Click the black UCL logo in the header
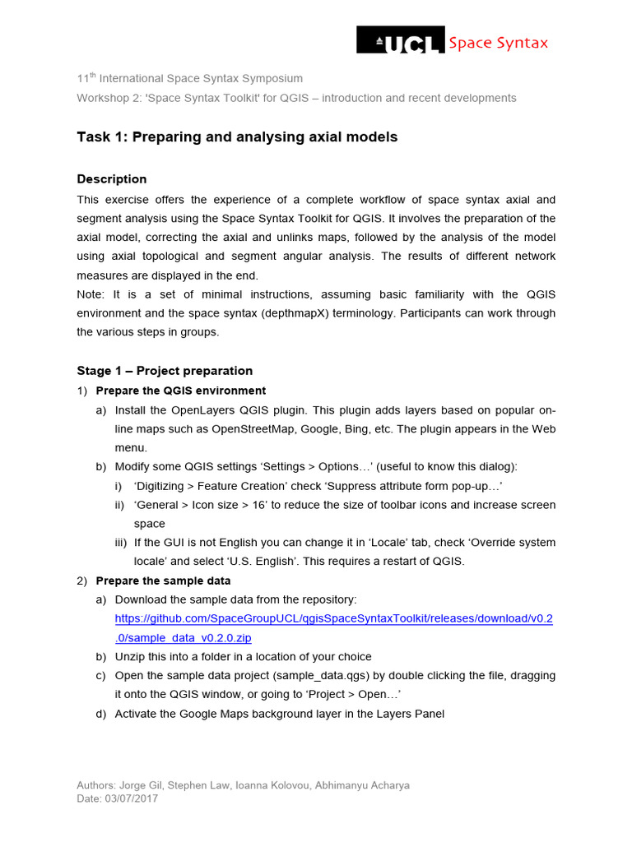point(400,40)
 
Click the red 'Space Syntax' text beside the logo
point(498,43)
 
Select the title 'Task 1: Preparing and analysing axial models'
point(237,137)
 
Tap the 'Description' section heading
point(112,179)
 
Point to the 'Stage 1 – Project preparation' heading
point(165,371)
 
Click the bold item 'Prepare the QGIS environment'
point(181,391)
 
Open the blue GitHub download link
point(333,618)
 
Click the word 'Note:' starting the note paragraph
point(91,294)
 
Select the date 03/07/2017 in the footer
point(132,798)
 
